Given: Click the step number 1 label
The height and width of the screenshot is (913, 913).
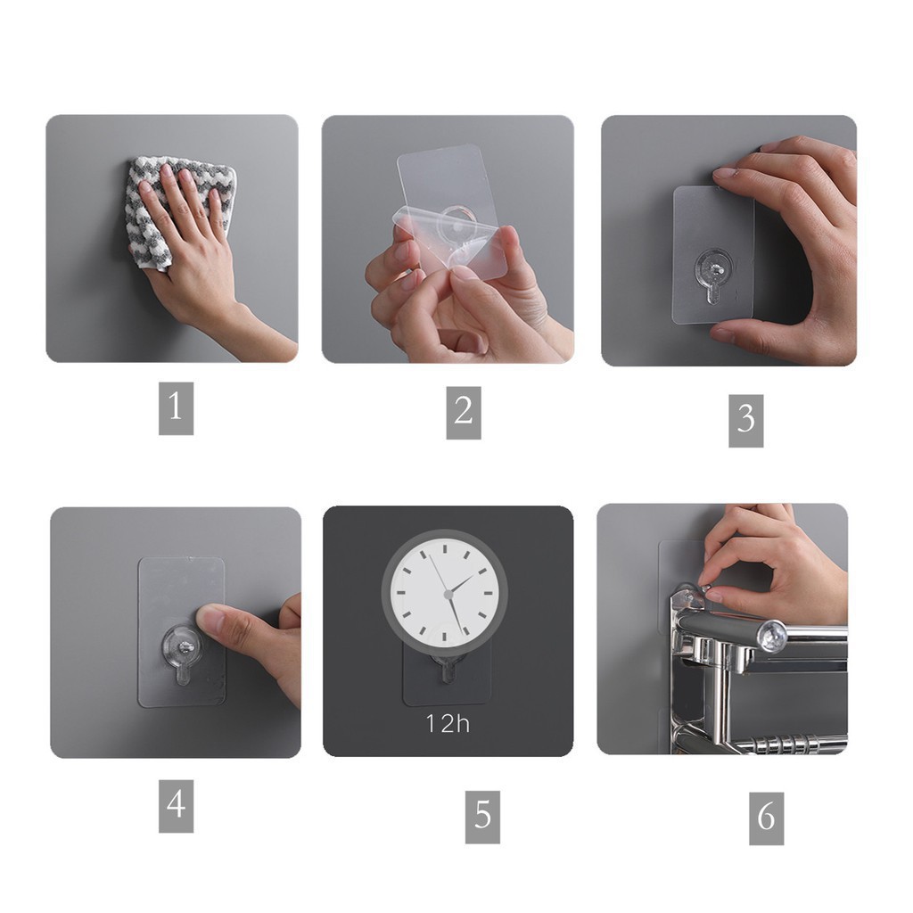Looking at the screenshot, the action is [x=176, y=408].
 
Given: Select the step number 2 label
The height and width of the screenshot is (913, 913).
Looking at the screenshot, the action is [x=464, y=412].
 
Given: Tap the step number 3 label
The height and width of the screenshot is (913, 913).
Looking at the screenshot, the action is [x=746, y=421].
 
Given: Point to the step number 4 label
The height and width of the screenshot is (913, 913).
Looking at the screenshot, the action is [x=176, y=806].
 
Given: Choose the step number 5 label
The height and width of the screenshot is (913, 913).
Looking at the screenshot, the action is [x=482, y=817].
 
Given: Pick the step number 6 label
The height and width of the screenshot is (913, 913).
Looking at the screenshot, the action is [x=766, y=818].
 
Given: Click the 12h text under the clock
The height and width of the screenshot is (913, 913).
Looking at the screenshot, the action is [x=448, y=724].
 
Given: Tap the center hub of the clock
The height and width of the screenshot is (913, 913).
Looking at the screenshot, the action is [x=448, y=595].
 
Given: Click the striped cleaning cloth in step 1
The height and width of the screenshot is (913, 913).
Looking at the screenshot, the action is [x=175, y=210].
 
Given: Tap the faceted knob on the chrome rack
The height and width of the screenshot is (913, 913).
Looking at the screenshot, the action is [x=772, y=636].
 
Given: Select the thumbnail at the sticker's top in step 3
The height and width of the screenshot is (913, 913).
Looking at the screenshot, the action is [x=726, y=173].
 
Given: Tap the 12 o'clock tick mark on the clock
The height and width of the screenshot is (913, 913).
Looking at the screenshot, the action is [x=445, y=548].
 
